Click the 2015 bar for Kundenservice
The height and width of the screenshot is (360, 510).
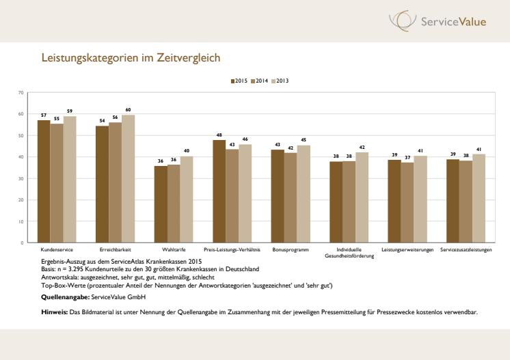click(44, 181)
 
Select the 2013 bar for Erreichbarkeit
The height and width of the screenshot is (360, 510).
click(129, 178)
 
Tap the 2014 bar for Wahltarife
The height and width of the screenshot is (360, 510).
click(174, 203)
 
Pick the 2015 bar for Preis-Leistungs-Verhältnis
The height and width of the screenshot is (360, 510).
click(219, 191)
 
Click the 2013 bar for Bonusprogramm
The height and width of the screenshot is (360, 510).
click(304, 193)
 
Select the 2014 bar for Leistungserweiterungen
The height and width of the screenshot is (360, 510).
click(407, 202)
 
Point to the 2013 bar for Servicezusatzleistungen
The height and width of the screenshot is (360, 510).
click(479, 198)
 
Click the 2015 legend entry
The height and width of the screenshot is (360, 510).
click(239, 81)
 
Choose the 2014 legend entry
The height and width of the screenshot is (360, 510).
click(260, 81)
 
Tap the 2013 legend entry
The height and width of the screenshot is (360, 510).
click(280, 81)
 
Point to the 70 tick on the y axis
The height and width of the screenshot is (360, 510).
click(21, 92)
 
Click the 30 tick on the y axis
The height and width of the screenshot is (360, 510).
click(21, 178)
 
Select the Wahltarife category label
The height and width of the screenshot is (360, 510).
click(174, 250)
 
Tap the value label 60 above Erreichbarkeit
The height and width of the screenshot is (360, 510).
click(129, 109)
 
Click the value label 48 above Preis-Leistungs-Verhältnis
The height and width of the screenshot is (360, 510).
click(219, 135)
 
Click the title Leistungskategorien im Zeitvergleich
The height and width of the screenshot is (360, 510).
click(131, 58)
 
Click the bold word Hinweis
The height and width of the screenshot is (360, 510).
click(54, 312)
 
